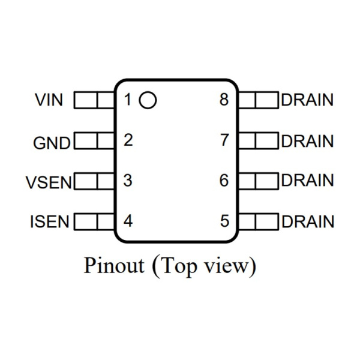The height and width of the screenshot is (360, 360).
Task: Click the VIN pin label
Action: click(x=49, y=100)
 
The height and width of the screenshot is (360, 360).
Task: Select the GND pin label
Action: click(x=52, y=143)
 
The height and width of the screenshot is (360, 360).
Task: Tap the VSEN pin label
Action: click(x=49, y=182)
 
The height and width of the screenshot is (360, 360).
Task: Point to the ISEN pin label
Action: click(x=49, y=222)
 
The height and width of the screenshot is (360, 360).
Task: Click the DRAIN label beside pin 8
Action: click(x=307, y=100)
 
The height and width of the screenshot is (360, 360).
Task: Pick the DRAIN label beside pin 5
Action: click(x=307, y=222)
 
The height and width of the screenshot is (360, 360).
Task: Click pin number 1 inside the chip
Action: click(x=128, y=100)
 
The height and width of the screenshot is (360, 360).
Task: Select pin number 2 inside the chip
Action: click(x=128, y=141)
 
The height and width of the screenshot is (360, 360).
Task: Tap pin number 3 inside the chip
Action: click(x=128, y=181)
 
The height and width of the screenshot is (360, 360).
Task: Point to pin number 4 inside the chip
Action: click(x=128, y=221)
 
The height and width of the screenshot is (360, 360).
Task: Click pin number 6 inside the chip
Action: click(x=224, y=181)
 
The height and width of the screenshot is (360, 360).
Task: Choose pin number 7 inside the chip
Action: click(x=224, y=141)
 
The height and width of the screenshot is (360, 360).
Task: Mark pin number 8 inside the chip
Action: click(x=224, y=100)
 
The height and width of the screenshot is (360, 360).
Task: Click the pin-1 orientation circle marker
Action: click(x=148, y=100)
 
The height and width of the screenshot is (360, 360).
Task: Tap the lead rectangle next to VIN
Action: click(x=94, y=100)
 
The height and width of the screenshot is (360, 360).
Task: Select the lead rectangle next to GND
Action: click(x=94, y=142)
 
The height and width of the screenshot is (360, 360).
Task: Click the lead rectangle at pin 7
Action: click(x=259, y=142)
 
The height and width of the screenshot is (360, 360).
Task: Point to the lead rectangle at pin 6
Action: click(x=259, y=181)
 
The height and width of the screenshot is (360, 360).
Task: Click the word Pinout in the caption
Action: click(x=114, y=265)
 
